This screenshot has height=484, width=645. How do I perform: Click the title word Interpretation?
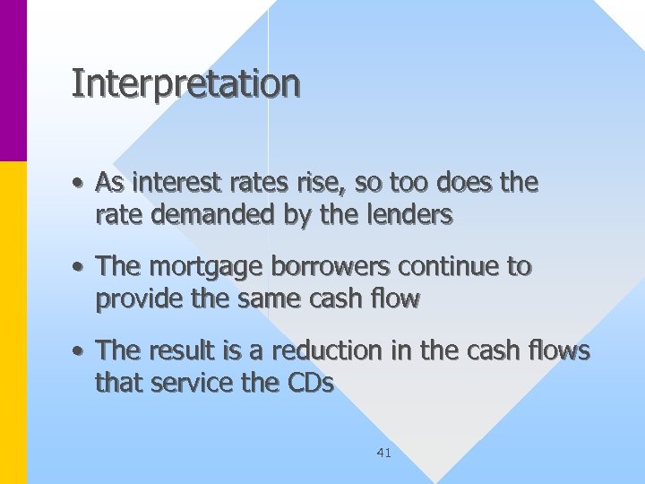point(185,84)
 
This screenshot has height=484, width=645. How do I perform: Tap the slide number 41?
point(383,454)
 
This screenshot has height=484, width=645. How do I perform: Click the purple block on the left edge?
point(13,81)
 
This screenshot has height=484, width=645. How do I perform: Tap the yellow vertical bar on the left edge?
point(13,323)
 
